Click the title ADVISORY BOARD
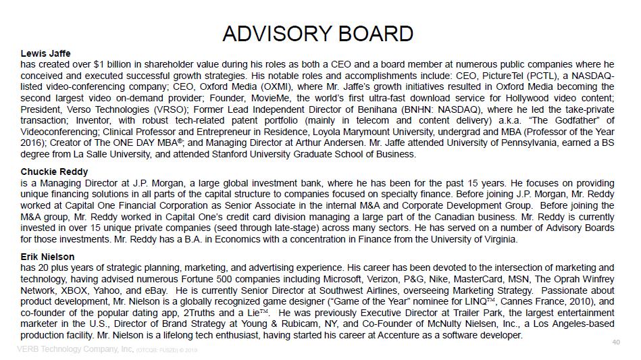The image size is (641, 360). [x=317, y=33]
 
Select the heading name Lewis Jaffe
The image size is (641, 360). [x=45, y=53]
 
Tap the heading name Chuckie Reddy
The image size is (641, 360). [x=54, y=172]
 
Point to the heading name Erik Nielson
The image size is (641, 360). [x=47, y=257]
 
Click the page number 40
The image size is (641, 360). [x=615, y=342]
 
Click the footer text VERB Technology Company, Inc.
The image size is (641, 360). [x=75, y=349]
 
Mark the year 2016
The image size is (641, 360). [x=34, y=143]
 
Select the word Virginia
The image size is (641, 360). [x=497, y=239]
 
